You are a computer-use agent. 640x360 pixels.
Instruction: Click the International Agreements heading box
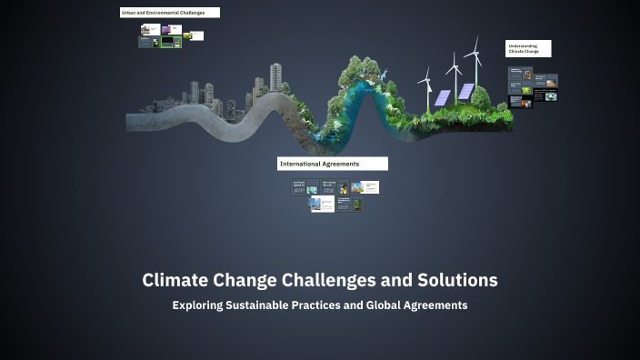[x=333, y=164]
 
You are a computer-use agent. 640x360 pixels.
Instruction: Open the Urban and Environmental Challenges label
[x=169, y=13]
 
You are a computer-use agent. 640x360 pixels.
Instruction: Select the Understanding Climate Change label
[x=528, y=48]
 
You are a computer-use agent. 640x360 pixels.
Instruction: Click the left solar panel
[x=442, y=97]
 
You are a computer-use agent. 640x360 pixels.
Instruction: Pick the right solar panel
[x=465, y=91]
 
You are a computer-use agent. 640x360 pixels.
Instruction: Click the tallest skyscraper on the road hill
[x=275, y=77]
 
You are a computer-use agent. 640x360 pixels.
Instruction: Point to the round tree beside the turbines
[x=481, y=95]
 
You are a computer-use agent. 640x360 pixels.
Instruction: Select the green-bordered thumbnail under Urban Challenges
[x=171, y=42]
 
